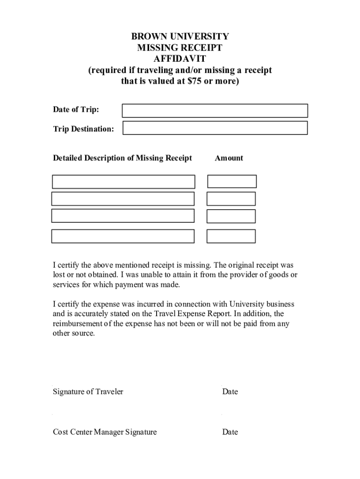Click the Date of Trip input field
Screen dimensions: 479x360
coord(215,110)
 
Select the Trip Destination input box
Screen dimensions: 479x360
coord(215,128)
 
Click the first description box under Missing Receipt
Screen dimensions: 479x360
coord(123,181)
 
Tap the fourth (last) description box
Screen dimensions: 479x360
coord(122,236)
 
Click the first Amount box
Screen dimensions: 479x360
coord(232,181)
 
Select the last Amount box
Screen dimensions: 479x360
coord(231,236)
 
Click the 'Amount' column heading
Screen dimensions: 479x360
coord(229,158)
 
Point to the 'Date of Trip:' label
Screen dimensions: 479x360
coord(76,110)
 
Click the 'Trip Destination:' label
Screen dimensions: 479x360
coord(83,129)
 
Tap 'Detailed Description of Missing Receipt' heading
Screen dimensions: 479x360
coord(122,158)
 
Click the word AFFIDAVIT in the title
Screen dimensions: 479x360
coord(180,59)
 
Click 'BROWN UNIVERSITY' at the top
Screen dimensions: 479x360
coord(180,36)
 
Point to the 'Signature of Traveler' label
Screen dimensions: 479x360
coord(88,392)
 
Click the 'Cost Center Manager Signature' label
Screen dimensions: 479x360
coord(105,432)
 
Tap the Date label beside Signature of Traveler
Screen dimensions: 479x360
coord(230,392)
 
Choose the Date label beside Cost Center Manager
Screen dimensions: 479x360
coord(230,432)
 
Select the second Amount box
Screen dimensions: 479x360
coord(231,199)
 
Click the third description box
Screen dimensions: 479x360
coord(122,216)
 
